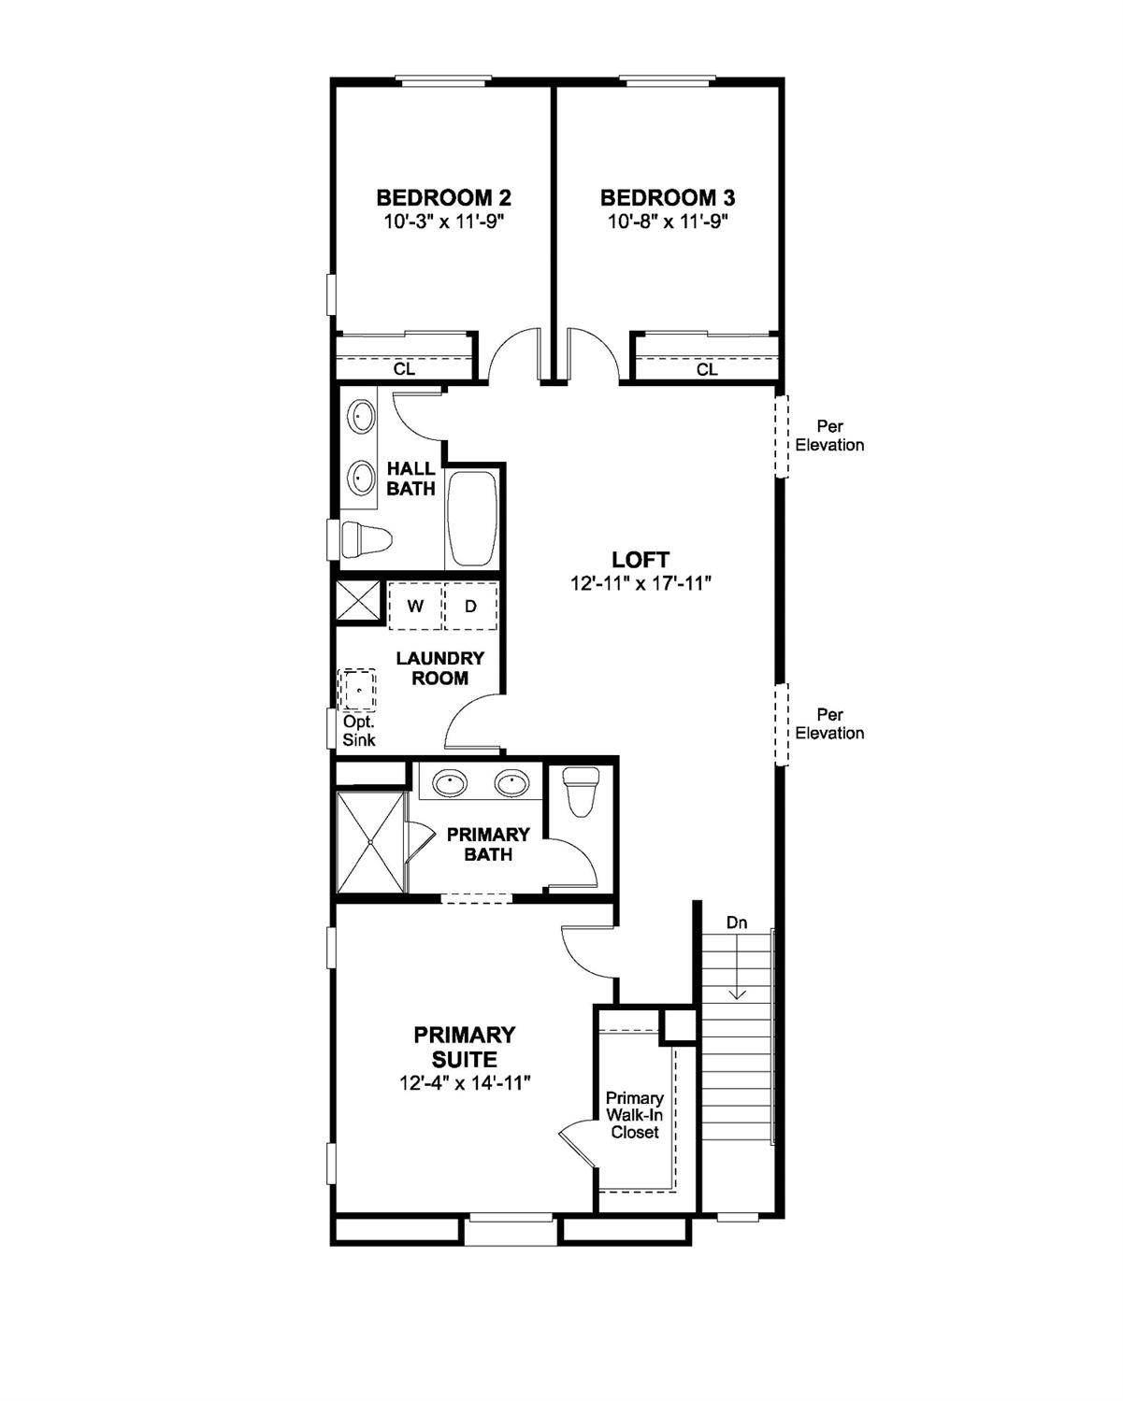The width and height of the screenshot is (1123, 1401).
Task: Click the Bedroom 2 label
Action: coord(443,198)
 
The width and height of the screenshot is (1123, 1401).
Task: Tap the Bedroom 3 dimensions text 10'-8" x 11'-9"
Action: coord(668,222)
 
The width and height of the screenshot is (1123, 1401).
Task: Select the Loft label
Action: coord(641,560)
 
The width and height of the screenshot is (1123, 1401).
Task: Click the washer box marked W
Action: coord(415,606)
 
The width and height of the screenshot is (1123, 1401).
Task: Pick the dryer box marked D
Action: coord(470,606)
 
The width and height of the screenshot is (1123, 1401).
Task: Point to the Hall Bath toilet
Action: coord(366,539)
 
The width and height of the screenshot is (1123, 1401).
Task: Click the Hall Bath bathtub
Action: coord(472,519)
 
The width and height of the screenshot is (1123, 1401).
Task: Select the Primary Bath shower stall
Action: coord(371,842)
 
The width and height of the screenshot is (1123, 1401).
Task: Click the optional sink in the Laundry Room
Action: coord(357,691)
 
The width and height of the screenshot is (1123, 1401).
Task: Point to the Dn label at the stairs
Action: coord(738,923)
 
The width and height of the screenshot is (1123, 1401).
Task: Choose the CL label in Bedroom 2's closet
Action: coord(404,369)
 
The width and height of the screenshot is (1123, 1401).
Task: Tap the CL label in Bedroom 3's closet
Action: coord(707,370)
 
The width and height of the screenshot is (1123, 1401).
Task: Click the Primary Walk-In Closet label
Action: coord(635,1115)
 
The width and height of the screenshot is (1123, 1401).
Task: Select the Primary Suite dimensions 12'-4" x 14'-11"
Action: coord(465,1083)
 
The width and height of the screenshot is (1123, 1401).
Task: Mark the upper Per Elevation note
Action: coord(829,436)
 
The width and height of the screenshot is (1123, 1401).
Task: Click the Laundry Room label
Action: coord(439,668)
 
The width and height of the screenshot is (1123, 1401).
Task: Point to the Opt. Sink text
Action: coord(359,731)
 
